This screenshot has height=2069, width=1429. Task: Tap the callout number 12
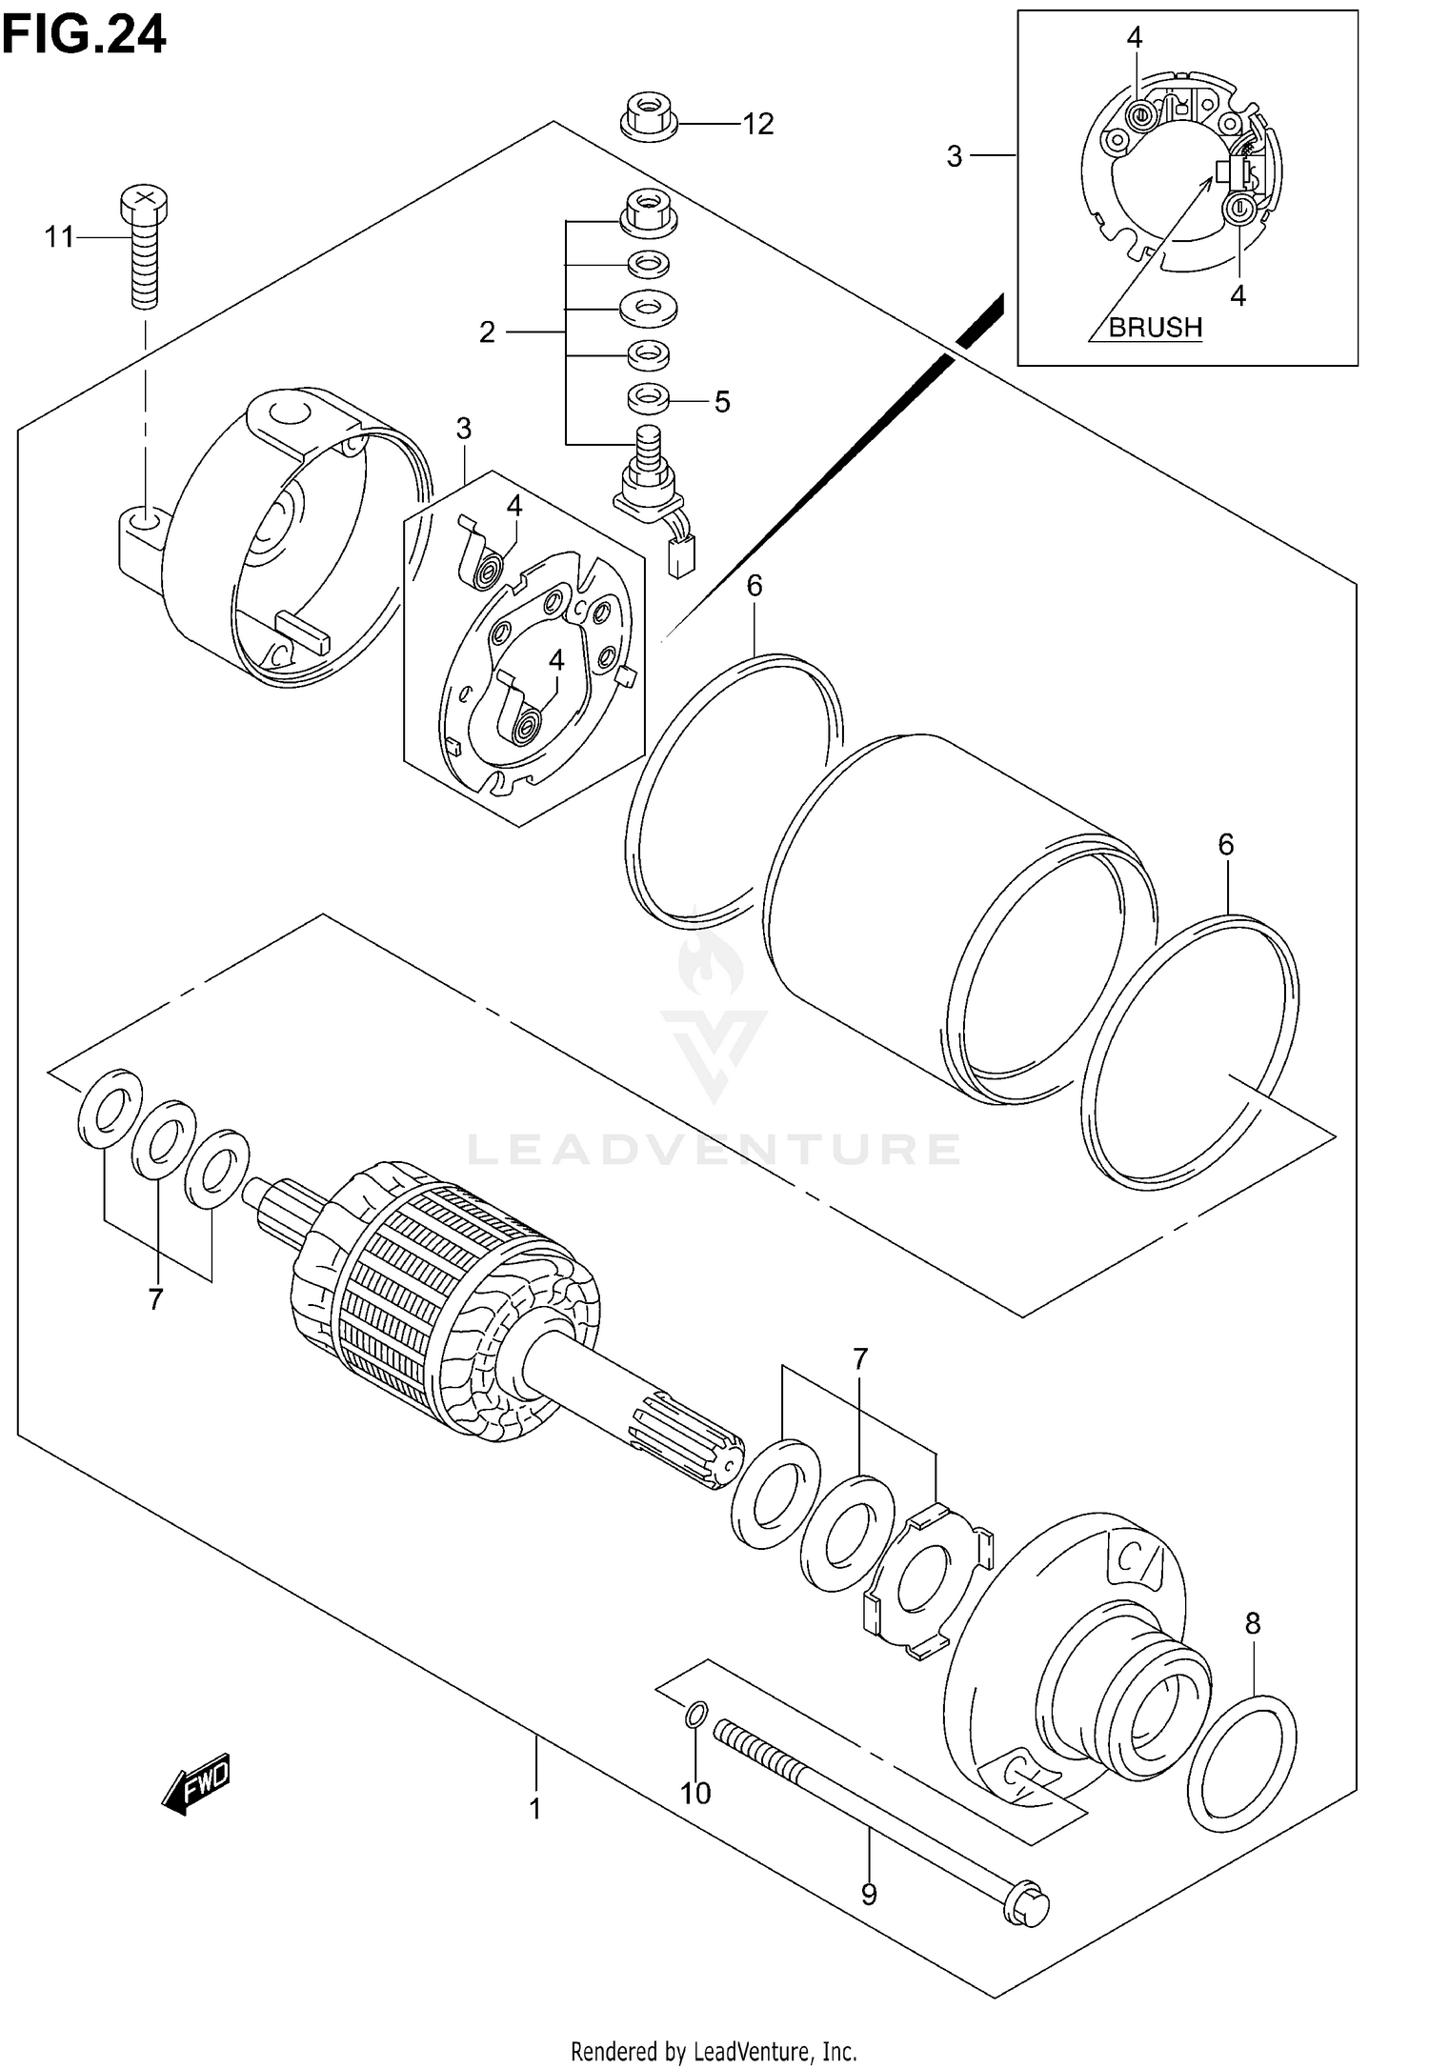pyautogui.click(x=758, y=124)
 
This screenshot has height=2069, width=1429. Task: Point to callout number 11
pyautogui.click(x=59, y=236)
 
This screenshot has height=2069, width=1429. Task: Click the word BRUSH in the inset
pyautogui.click(x=1155, y=327)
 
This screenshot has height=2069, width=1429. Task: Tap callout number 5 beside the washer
pyautogui.click(x=722, y=402)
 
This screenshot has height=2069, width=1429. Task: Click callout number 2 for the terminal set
pyautogui.click(x=487, y=332)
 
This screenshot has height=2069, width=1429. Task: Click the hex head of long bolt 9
pyautogui.click(x=1028, y=1926)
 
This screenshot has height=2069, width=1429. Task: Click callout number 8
pyautogui.click(x=1253, y=1623)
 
